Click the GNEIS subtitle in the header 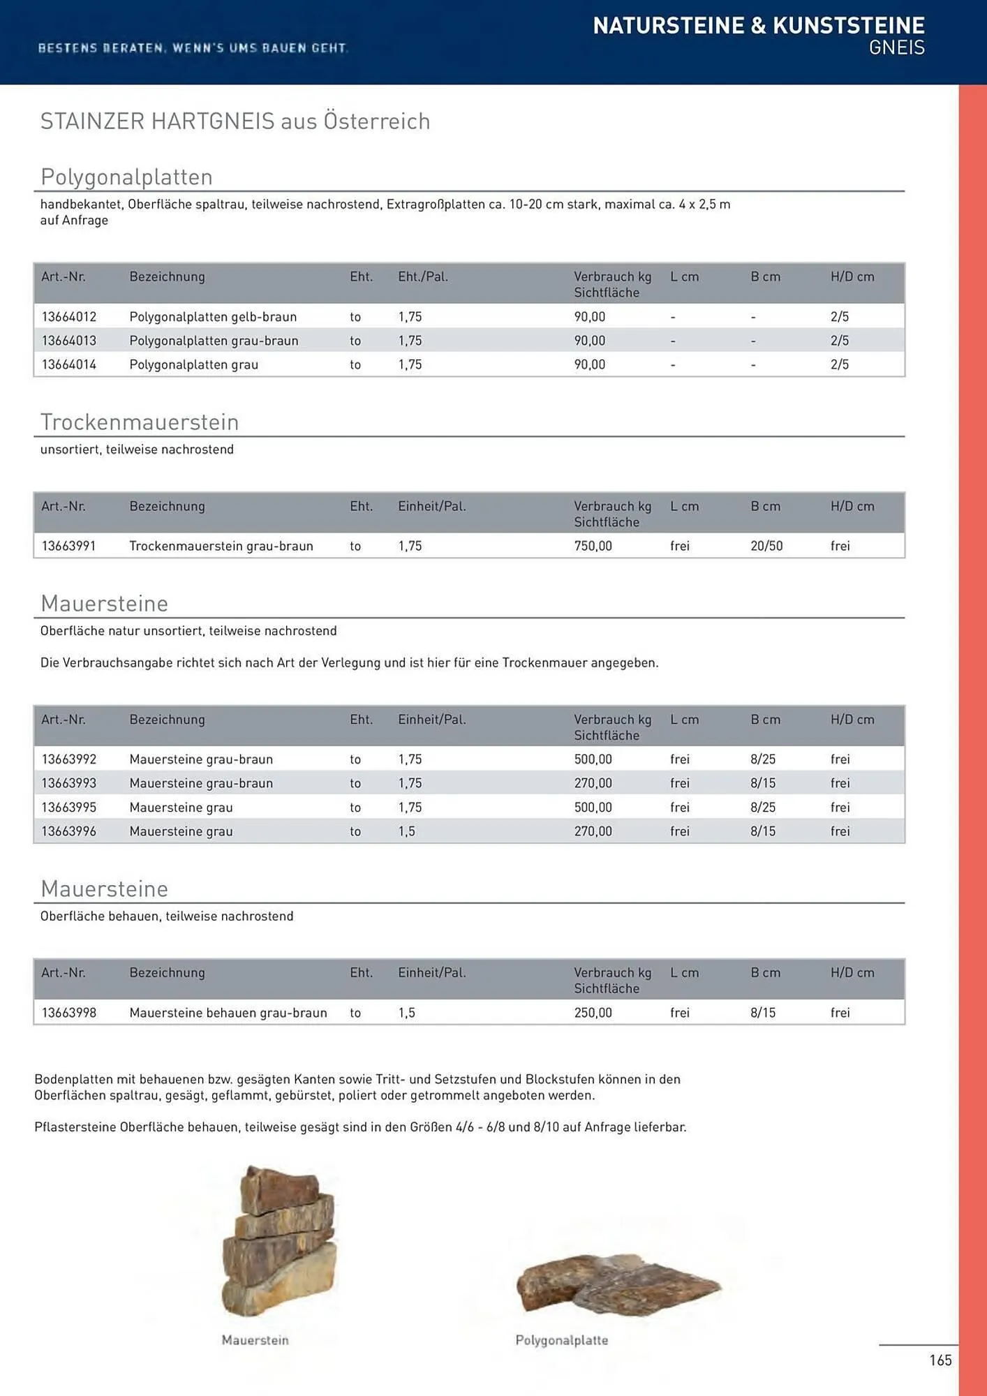coord(896,48)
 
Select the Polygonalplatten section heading coord(126,177)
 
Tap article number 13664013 coord(69,341)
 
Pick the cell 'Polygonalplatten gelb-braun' coord(213,317)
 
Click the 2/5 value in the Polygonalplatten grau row coord(839,364)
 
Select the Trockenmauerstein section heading coord(140,422)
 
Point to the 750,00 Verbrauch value coord(593,546)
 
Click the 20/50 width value coord(766,546)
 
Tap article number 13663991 coord(68,546)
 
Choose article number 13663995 coord(69,808)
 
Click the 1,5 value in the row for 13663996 coord(406,831)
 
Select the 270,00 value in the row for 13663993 coord(593,783)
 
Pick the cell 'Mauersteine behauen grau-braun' coord(228,1013)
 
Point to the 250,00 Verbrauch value coord(593,1013)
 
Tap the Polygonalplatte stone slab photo coord(618,1284)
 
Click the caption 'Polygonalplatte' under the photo coord(561,1340)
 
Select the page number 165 coord(940,1360)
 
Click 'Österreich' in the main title coord(376,121)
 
